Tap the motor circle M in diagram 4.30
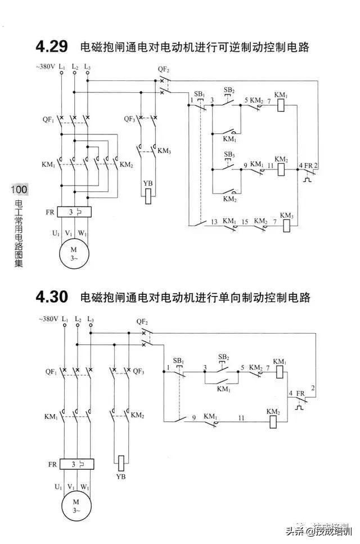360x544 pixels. [72, 504]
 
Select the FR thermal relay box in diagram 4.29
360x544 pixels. [75, 212]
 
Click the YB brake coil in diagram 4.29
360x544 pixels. [148, 195]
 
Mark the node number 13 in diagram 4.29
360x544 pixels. [214, 222]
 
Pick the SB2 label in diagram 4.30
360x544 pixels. [223, 357]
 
